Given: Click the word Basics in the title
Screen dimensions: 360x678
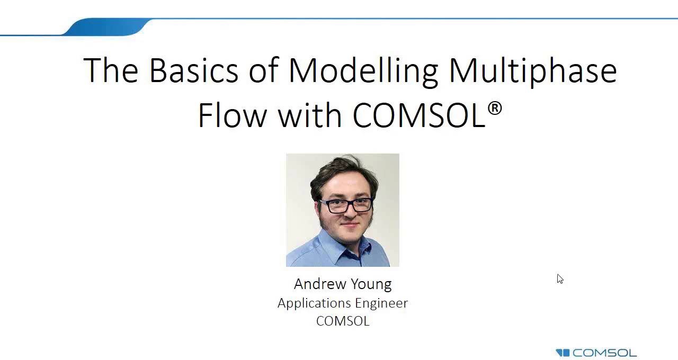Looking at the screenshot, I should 193,70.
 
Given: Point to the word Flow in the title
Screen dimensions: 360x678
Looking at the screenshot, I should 232,115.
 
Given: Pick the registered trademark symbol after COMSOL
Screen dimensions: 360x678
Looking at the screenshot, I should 494,109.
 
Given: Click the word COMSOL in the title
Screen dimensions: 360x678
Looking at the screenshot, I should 418,115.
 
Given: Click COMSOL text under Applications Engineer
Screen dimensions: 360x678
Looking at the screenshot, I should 343,321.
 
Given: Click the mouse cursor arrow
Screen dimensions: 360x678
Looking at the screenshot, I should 560,278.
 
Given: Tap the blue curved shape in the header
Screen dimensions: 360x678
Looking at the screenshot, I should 106,27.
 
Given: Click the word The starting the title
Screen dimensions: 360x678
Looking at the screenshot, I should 111,70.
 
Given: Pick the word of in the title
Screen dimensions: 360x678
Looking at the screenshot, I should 263,70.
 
